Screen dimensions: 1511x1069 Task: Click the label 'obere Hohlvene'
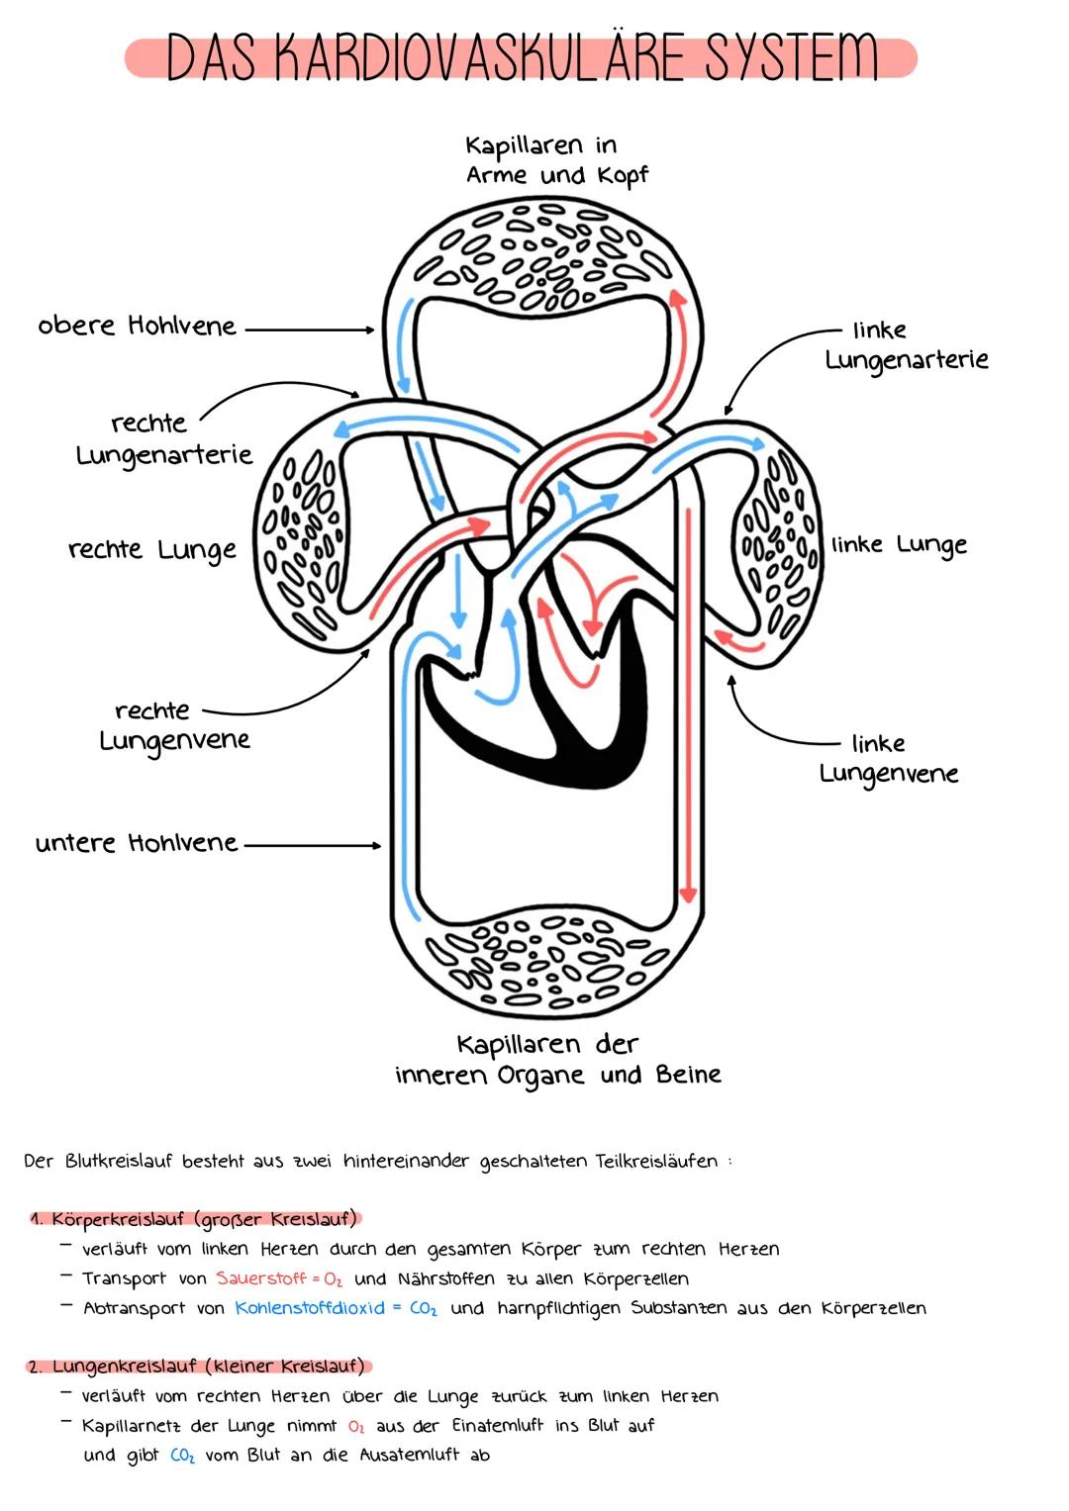click(x=137, y=326)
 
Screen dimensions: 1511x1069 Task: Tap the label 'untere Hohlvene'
click(x=137, y=843)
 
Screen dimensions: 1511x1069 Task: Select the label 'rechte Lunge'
click(x=151, y=549)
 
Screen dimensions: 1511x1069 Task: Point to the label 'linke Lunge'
click(x=899, y=544)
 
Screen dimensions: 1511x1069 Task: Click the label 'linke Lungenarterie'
click(x=906, y=344)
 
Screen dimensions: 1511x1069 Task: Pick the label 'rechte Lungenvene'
click(x=174, y=725)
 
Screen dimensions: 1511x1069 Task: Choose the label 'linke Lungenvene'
click(x=889, y=758)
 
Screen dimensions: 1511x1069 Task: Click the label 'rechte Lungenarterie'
click(x=163, y=438)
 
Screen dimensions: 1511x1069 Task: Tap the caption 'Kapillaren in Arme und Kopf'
click(x=556, y=160)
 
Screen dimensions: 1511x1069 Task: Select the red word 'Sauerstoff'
click(x=261, y=1278)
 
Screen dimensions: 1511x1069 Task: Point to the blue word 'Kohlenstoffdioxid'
click(x=309, y=1308)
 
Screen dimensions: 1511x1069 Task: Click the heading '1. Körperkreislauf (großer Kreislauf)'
click(x=194, y=1218)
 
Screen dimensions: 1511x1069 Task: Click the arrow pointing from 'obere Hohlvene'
click(x=309, y=330)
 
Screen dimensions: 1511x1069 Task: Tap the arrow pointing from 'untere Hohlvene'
click(x=312, y=845)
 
